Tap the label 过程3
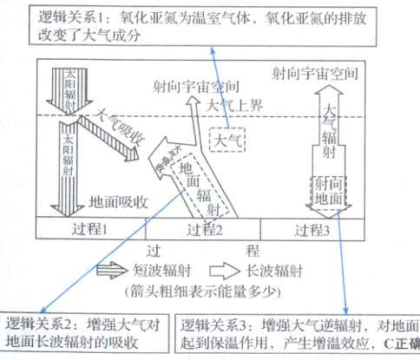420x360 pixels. coord(318,231)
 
